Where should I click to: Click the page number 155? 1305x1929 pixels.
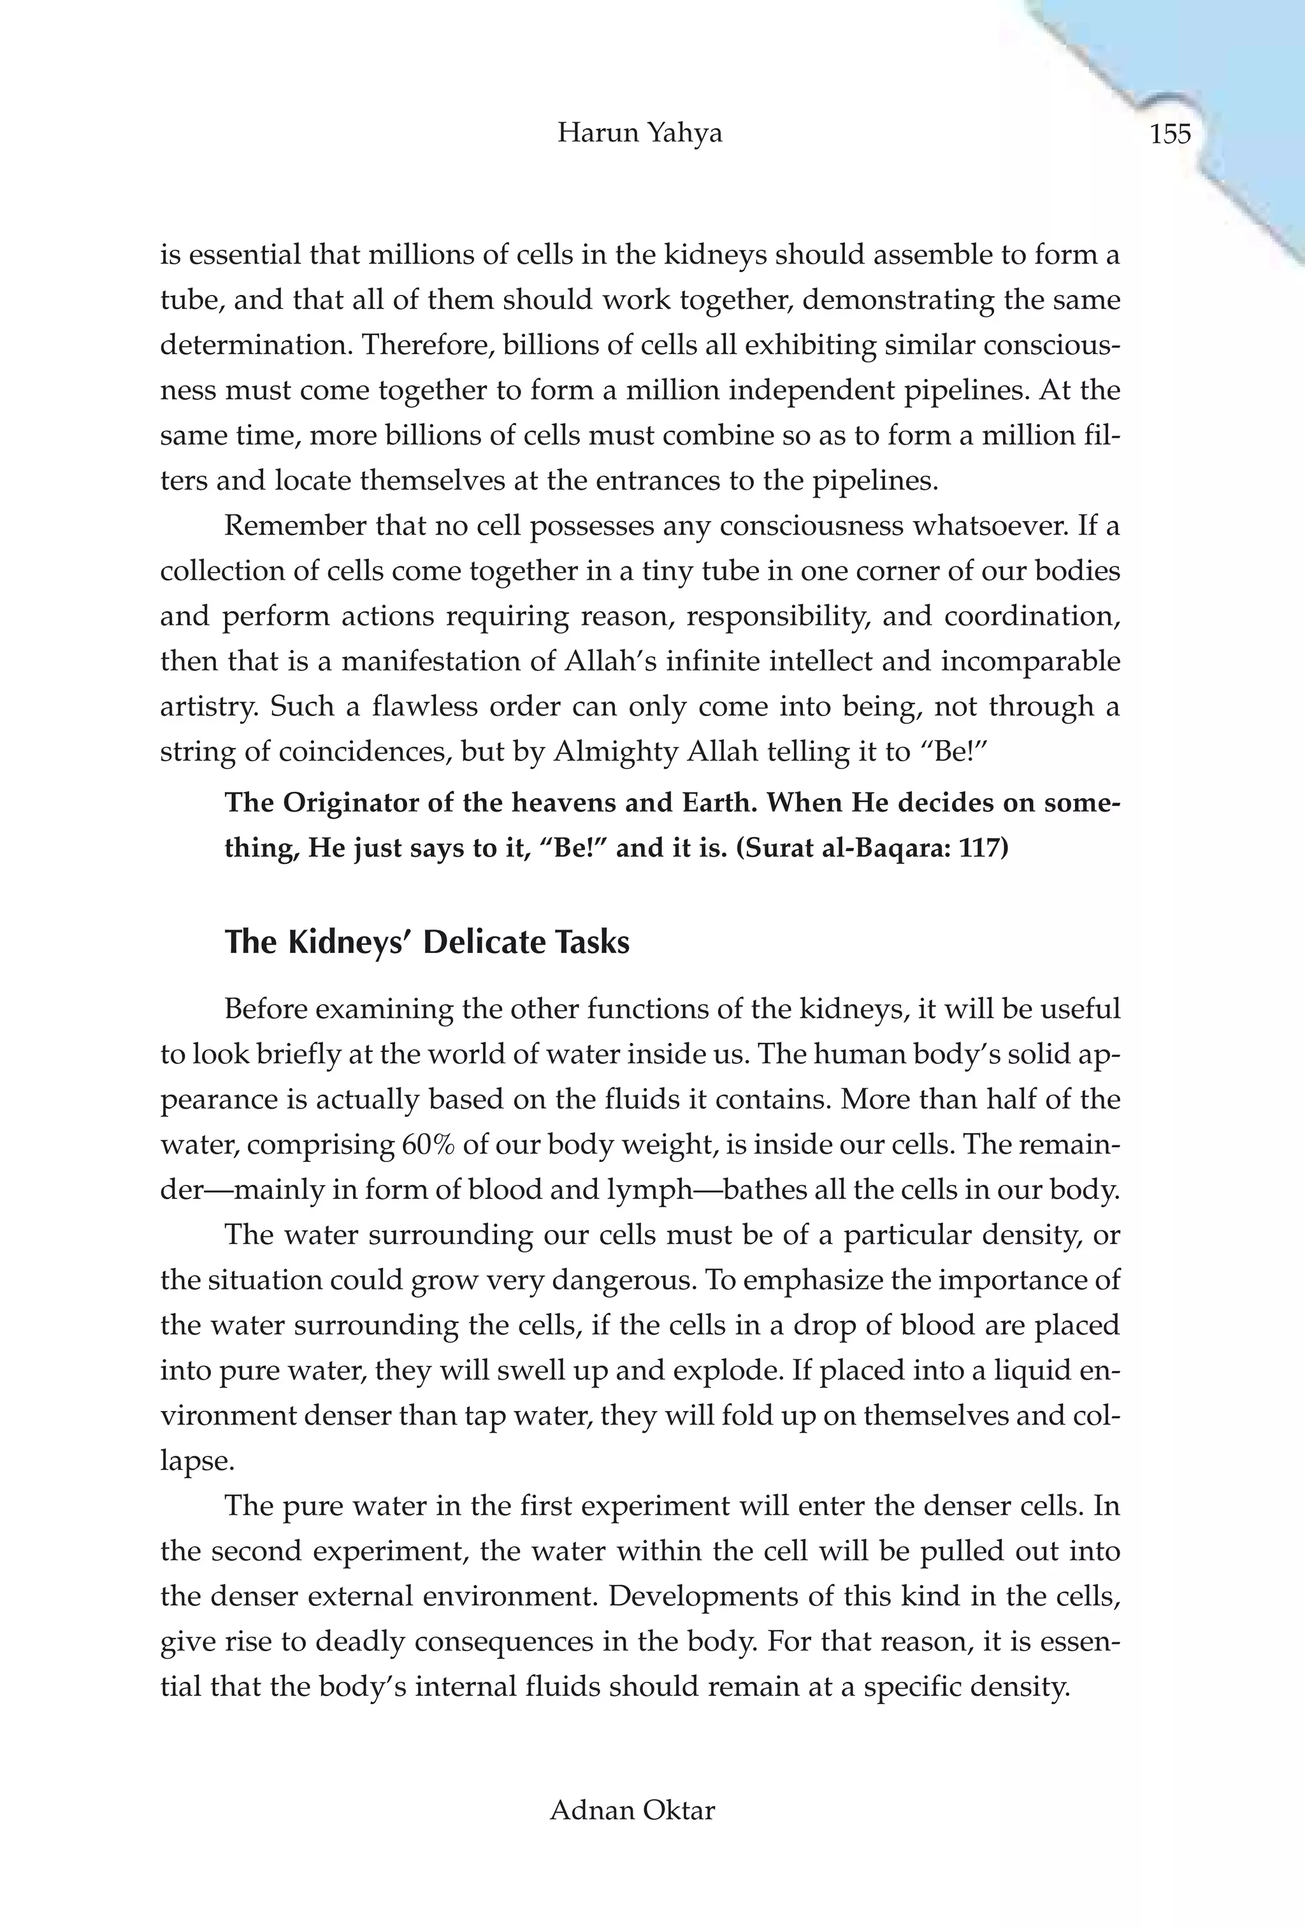point(1170,134)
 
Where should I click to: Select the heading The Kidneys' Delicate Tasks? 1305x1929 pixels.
point(427,943)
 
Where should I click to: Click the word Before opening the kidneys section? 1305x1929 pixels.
point(269,1009)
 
